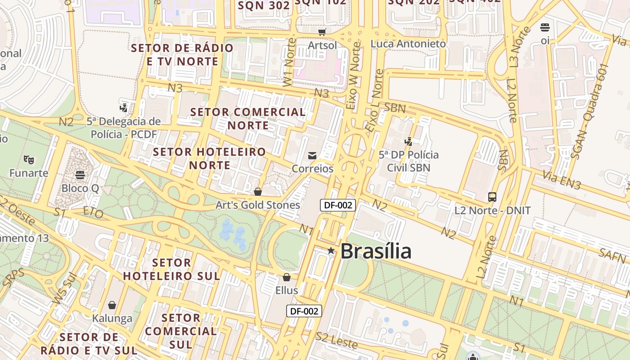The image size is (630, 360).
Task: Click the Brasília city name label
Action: click(x=376, y=251)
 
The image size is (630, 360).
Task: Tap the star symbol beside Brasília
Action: click(x=331, y=251)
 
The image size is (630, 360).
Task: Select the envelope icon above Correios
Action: click(x=312, y=156)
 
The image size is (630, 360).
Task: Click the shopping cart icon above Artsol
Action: click(x=322, y=32)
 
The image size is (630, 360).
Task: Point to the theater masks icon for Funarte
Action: click(x=29, y=159)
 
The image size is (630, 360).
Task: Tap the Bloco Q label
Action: click(x=80, y=188)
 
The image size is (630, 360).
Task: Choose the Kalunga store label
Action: click(x=112, y=319)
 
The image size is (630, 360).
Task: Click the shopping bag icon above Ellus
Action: click(x=287, y=277)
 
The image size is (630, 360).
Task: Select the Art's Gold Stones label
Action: click(x=257, y=205)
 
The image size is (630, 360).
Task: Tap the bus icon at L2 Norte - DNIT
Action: click(x=492, y=197)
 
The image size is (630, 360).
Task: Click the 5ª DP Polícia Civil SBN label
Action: click(x=409, y=161)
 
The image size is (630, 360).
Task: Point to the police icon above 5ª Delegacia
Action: click(x=124, y=108)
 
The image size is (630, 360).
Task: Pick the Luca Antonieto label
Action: click(x=408, y=44)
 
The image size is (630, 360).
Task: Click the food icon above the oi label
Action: click(x=545, y=27)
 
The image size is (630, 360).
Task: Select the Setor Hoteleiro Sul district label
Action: click(x=171, y=269)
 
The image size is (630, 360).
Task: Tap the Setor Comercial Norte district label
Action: click(x=248, y=118)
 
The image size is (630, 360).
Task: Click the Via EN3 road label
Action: click(x=562, y=179)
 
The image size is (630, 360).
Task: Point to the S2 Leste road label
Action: click(x=337, y=340)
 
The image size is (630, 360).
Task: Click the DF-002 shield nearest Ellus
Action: click(x=304, y=311)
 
